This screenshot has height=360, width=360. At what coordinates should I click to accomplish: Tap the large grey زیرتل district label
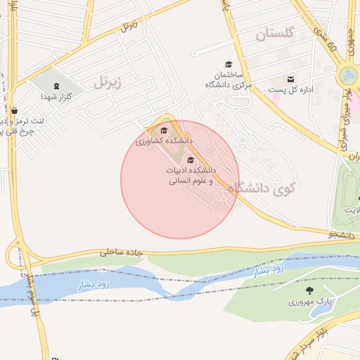[x=108, y=82]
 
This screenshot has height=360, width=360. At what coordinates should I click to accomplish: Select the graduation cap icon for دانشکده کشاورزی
[x=165, y=130]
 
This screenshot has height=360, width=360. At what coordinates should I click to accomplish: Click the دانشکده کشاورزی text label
[x=164, y=141]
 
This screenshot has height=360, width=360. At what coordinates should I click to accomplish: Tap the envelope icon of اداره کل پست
[x=290, y=79]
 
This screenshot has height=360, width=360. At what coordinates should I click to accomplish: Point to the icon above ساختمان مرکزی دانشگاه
[x=228, y=64]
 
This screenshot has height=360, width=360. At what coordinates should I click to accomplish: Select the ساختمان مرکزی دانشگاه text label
[x=228, y=79]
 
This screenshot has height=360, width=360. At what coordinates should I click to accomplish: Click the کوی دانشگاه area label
[x=267, y=188]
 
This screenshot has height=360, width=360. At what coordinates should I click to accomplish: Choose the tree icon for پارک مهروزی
[x=309, y=290]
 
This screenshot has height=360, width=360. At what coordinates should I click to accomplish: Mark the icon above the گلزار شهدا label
[x=57, y=86]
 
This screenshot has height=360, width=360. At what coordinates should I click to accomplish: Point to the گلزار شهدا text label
[x=53, y=96]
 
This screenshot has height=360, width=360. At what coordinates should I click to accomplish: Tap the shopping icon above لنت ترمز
[x=14, y=110]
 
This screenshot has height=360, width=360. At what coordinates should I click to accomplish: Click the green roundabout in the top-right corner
[x=347, y=76]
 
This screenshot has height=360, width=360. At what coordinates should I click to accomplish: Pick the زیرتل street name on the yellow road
[x=128, y=27]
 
